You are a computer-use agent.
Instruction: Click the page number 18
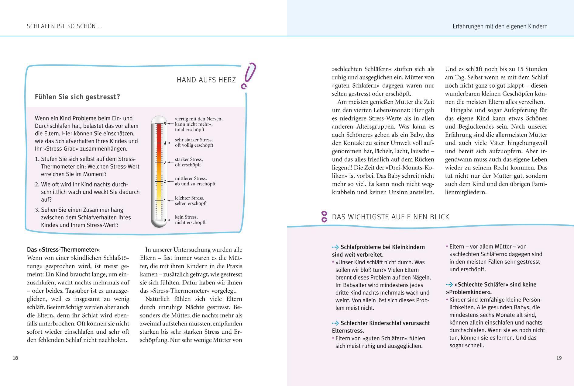coord(15,358)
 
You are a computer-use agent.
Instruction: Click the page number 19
coord(559,358)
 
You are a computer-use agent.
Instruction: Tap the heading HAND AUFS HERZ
coord(206,80)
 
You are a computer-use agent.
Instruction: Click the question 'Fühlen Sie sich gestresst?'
coord(77,97)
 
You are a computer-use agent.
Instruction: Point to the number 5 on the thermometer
coord(165,124)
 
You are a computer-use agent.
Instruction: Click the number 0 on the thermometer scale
coord(165,220)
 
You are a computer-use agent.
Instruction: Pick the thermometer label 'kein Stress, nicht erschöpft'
coord(190,220)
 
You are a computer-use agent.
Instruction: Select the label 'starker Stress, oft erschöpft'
coord(189,162)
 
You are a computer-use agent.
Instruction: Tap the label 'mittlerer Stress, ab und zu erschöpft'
coord(195,181)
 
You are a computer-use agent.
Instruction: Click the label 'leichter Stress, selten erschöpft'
coord(191,201)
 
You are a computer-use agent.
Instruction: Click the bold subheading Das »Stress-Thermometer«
coord(64,250)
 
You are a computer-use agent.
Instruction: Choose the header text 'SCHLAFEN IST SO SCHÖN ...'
coord(64,26)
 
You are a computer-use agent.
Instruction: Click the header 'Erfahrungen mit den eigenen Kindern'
coord(500,26)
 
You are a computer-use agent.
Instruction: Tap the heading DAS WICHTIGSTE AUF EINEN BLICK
coord(390,217)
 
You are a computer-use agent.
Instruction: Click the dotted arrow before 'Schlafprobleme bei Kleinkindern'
coord(335,247)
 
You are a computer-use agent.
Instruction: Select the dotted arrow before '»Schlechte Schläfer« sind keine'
coord(449,285)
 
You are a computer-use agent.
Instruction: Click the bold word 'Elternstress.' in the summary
coord(348,331)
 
